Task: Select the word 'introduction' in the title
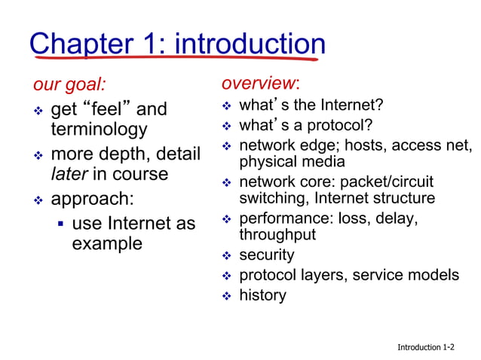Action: (x=250, y=44)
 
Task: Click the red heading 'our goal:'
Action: (x=69, y=84)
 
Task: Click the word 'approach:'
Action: (x=91, y=200)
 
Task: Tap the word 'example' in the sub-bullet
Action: (x=106, y=243)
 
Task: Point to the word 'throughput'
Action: (x=277, y=235)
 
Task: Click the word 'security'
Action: (x=266, y=255)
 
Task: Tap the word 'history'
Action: (x=262, y=294)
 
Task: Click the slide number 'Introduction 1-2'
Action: (x=426, y=347)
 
